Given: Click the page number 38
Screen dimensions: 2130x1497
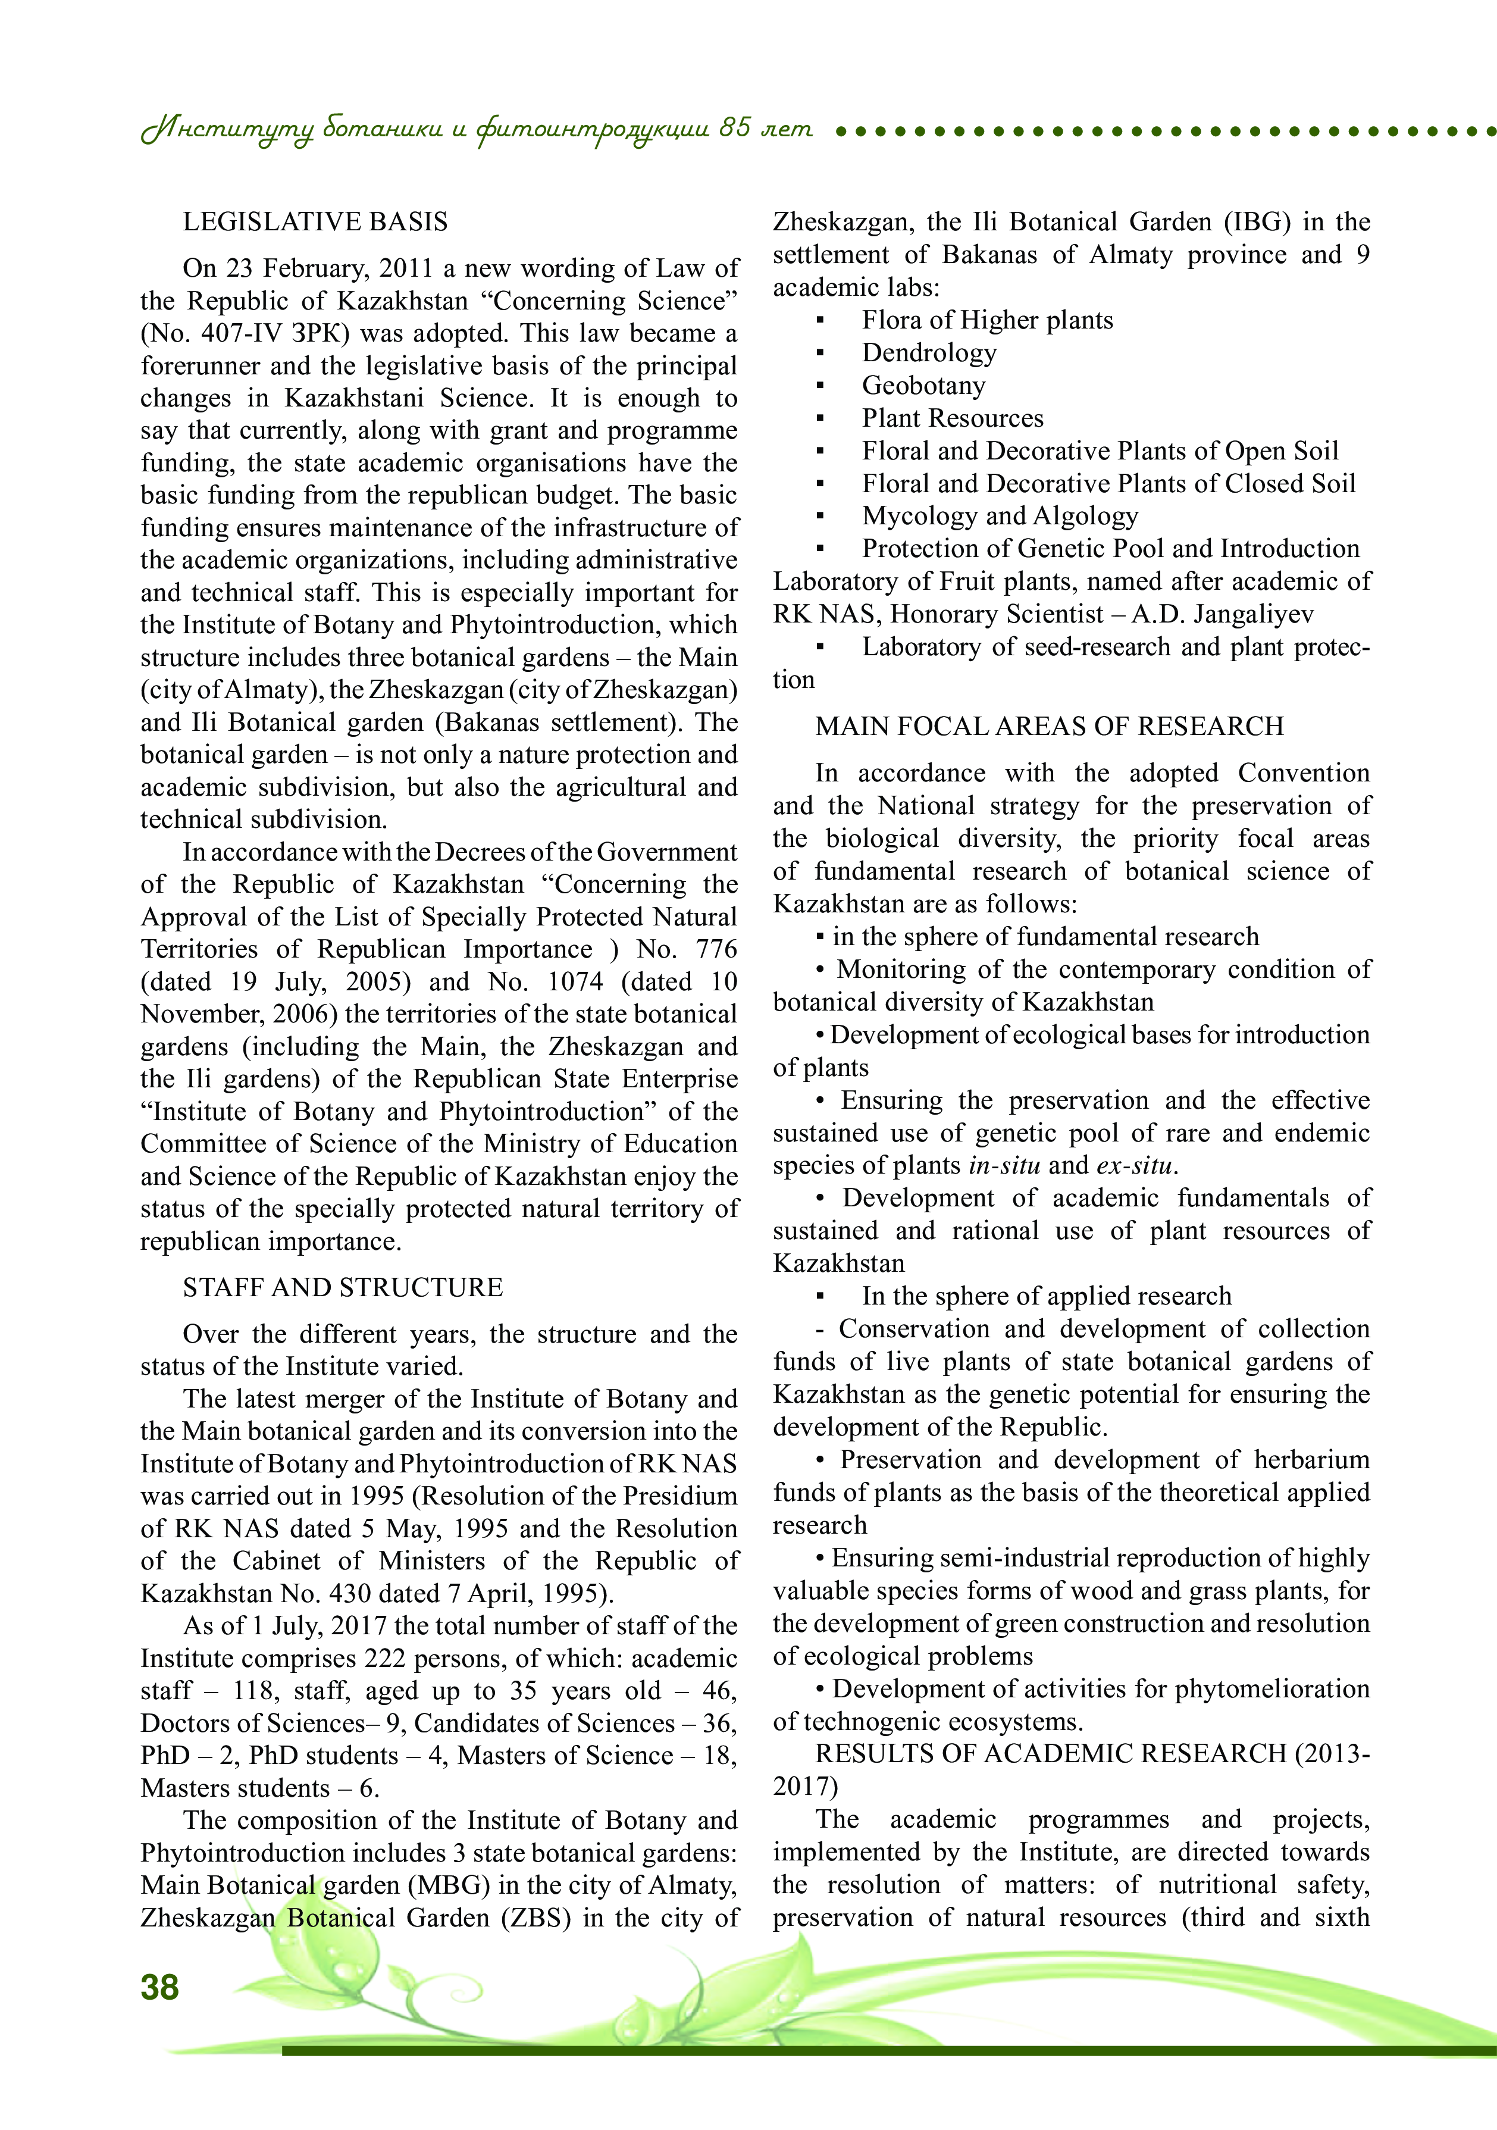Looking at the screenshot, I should click(x=159, y=1986).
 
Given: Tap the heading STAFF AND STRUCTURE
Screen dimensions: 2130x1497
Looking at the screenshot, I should click(x=342, y=1288).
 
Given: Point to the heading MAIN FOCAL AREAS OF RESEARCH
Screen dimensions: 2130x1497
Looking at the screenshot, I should click(x=1049, y=727).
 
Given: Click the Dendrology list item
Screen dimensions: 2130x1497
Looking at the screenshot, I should click(x=928, y=354).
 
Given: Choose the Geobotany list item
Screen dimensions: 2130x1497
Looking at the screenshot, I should click(x=923, y=386).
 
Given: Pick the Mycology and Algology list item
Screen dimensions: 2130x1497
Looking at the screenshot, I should click(x=999, y=517).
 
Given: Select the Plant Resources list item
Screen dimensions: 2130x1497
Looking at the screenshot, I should click(x=951, y=418).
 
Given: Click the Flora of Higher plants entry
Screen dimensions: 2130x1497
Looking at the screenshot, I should click(x=987, y=321).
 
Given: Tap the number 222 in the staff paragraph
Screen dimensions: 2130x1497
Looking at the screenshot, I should click(x=387, y=1659).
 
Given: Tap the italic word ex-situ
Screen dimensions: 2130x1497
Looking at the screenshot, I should click(x=1135, y=1166).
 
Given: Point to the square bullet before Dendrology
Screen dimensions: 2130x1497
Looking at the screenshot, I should click(x=820, y=354).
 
